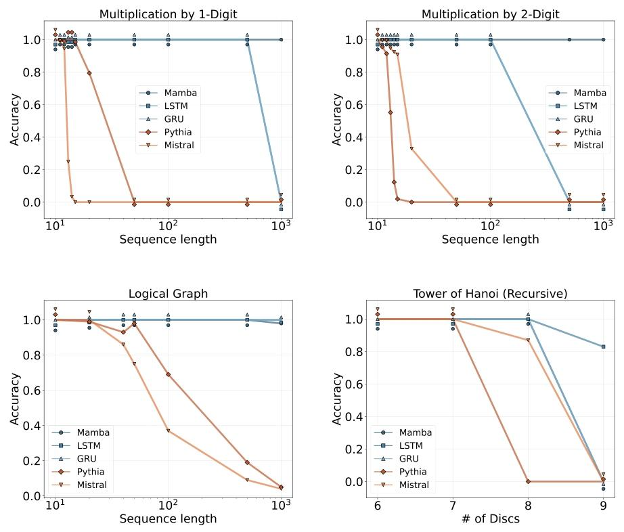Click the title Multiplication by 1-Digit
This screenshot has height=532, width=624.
(x=169, y=14)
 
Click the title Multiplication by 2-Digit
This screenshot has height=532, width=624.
(x=491, y=14)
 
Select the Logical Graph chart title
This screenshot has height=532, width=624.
(x=169, y=294)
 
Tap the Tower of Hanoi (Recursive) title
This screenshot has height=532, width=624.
(x=491, y=294)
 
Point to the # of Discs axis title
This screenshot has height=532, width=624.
(x=491, y=518)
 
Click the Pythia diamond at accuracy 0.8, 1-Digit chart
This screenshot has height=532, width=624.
(x=89, y=73)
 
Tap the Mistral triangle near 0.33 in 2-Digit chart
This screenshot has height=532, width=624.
(x=411, y=149)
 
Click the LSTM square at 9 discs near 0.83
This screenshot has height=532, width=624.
(x=603, y=347)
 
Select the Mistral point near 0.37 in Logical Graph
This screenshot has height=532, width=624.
(x=169, y=431)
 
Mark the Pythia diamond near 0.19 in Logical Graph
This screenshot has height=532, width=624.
(x=247, y=462)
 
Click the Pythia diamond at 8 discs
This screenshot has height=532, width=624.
(x=529, y=481)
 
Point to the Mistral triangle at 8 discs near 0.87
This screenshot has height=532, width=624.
(x=529, y=340)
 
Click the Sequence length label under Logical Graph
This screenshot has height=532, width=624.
(x=169, y=519)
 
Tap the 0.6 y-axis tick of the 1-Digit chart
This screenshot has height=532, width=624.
(x=33, y=105)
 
